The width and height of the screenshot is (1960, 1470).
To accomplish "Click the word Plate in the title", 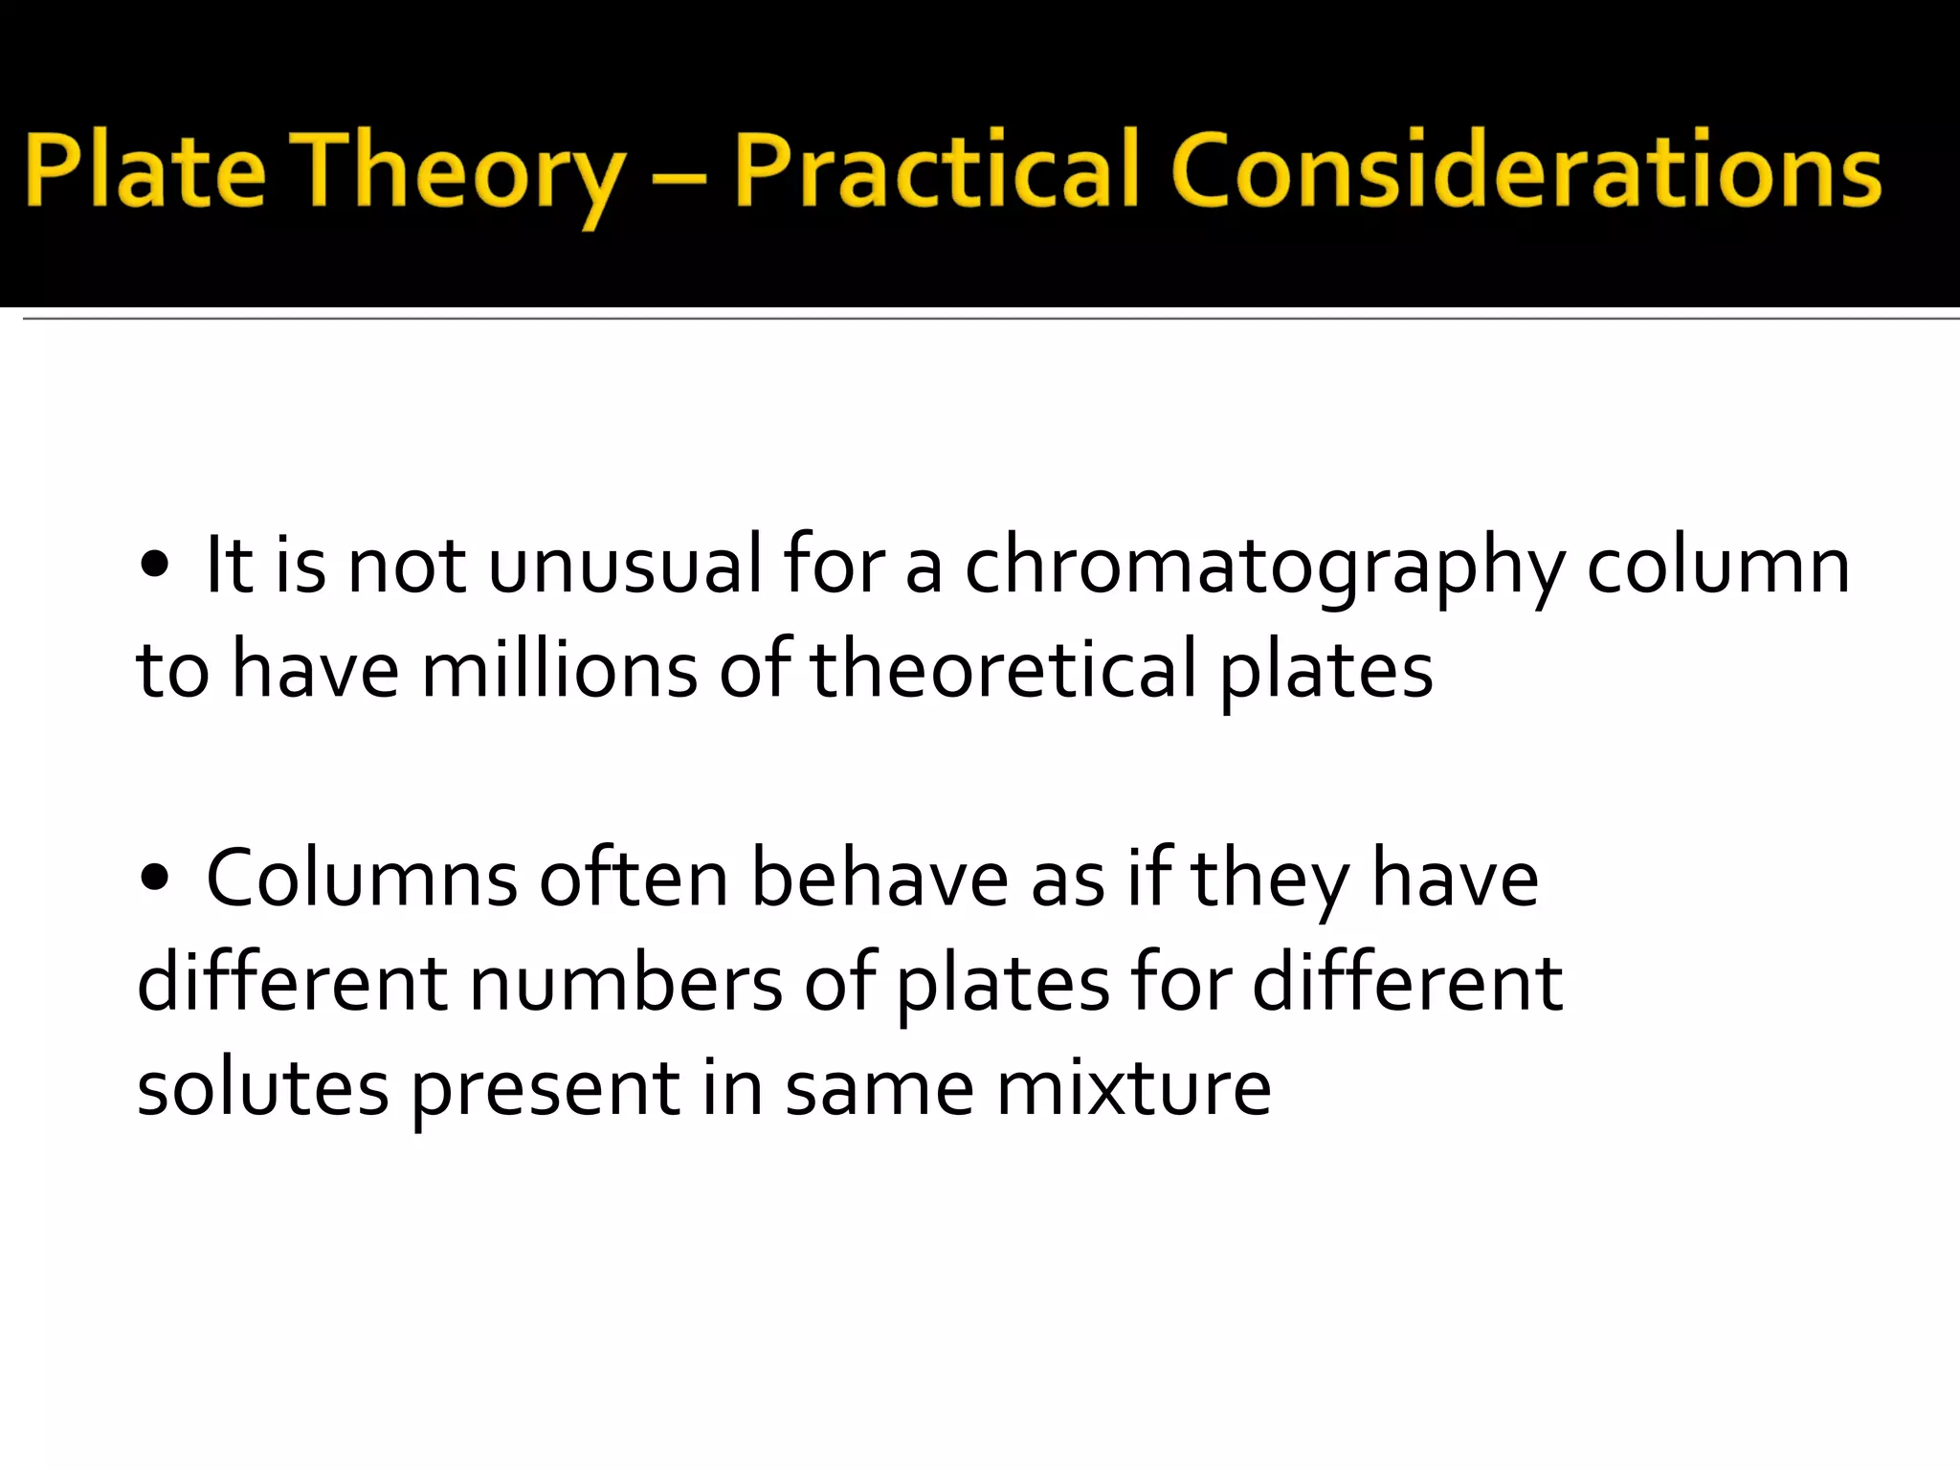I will (144, 171).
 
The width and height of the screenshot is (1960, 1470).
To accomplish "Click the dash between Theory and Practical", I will (679, 178).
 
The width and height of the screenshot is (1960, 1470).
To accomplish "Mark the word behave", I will (879, 878).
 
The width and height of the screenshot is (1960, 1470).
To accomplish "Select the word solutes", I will (262, 1088).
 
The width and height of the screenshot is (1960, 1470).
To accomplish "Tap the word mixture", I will (1133, 1088).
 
